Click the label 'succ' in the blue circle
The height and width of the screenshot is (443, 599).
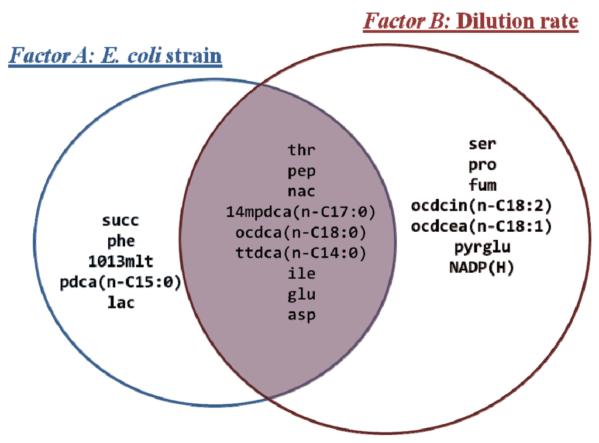coord(121,221)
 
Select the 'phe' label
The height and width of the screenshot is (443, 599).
coord(121,241)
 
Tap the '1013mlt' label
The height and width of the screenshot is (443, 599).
coord(121,262)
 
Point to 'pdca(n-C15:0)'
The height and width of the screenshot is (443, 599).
coord(121,282)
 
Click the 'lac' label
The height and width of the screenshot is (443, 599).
coord(121,303)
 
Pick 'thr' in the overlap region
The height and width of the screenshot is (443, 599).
coord(301,150)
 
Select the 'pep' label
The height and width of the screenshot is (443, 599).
coord(301,171)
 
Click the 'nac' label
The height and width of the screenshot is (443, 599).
coord(301,191)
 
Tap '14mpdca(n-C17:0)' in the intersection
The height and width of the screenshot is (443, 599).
coord(301,211)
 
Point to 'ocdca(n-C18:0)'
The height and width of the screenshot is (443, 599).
coord(301,232)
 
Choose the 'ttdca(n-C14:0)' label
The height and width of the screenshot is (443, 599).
coord(301,253)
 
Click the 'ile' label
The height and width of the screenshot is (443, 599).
coord(301,273)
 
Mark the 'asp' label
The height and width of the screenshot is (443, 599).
coord(301,315)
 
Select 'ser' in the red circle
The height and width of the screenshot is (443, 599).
coord(482,144)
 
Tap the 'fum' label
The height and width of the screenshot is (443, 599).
coord(482,186)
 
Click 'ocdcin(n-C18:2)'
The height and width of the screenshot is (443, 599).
coord(482,206)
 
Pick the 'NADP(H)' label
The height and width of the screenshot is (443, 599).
coord(482,267)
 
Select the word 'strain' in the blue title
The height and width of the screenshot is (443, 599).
coord(194,56)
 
